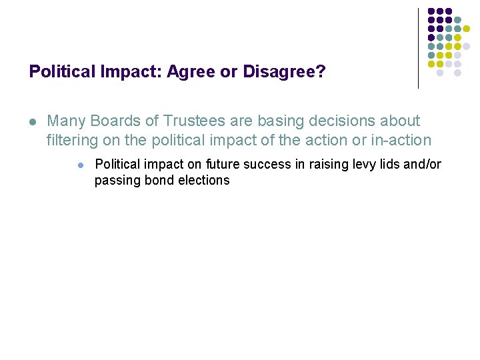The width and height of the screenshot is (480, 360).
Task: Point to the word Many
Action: click(66, 121)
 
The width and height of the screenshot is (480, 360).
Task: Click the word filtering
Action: click(71, 141)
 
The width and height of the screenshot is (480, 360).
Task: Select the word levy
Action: click(367, 165)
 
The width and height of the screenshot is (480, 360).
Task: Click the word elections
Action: click(202, 181)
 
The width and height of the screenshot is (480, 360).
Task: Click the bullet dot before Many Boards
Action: click(32, 122)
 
